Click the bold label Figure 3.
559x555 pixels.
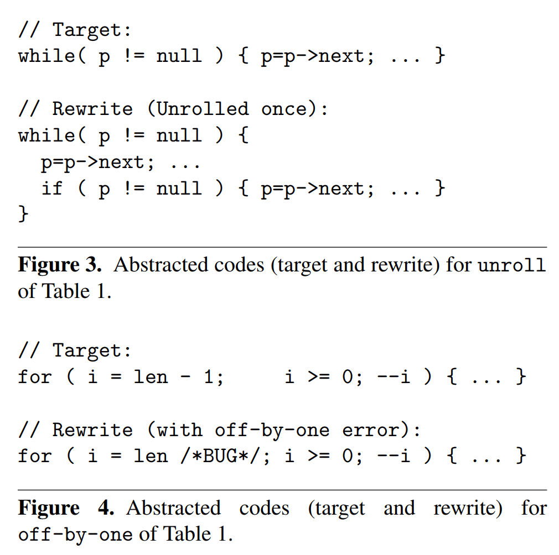(x=60, y=265)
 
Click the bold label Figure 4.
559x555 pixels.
(x=66, y=508)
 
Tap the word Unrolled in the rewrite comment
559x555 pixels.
(x=203, y=108)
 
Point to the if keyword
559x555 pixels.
(x=52, y=189)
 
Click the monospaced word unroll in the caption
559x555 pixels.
(x=511, y=265)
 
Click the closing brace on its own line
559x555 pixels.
(x=23, y=213)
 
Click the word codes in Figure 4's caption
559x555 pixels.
(x=264, y=508)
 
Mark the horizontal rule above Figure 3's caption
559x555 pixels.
(x=282, y=247)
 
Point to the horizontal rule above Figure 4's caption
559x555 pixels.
(x=282, y=490)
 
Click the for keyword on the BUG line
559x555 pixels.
(x=35, y=456)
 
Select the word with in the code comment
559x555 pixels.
(x=179, y=430)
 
